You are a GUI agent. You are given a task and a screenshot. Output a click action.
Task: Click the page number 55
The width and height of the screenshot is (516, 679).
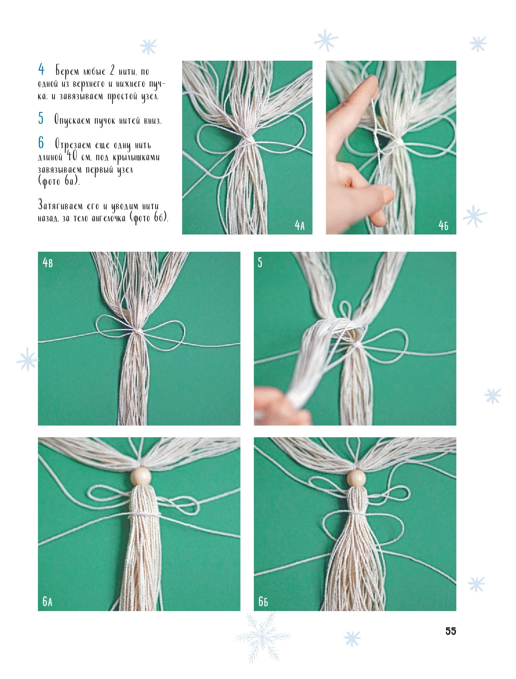(450, 631)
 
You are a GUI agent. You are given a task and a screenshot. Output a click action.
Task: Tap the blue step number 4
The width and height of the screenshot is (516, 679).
(41, 70)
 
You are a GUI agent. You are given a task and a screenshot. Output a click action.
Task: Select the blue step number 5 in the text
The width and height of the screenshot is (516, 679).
(41, 118)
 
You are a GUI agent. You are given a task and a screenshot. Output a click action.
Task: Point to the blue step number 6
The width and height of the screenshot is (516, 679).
(41, 143)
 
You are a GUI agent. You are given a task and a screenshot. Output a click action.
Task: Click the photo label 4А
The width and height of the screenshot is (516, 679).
(299, 226)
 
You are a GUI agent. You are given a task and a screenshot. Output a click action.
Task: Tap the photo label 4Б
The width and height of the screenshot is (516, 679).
(443, 226)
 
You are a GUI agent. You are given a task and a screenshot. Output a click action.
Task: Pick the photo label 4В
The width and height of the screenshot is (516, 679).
(48, 263)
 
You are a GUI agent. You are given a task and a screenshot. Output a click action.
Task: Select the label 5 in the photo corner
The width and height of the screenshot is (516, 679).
(260, 263)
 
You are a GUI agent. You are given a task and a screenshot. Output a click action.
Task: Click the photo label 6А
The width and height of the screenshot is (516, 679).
(48, 601)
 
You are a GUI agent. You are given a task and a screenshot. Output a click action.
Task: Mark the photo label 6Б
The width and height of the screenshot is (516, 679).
(263, 601)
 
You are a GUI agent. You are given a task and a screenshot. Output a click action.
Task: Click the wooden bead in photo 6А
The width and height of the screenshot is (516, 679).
(140, 476)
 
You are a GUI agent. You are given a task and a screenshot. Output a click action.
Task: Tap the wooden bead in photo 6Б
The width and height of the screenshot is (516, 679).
(356, 478)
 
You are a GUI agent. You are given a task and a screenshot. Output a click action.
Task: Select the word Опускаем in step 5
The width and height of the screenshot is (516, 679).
(72, 120)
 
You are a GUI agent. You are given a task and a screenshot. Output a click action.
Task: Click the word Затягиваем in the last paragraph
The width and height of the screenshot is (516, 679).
(60, 206)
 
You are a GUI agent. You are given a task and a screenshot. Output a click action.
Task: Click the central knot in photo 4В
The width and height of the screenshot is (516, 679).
(138, 331)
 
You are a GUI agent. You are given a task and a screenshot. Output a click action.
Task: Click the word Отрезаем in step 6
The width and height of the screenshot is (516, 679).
(72, 145)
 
